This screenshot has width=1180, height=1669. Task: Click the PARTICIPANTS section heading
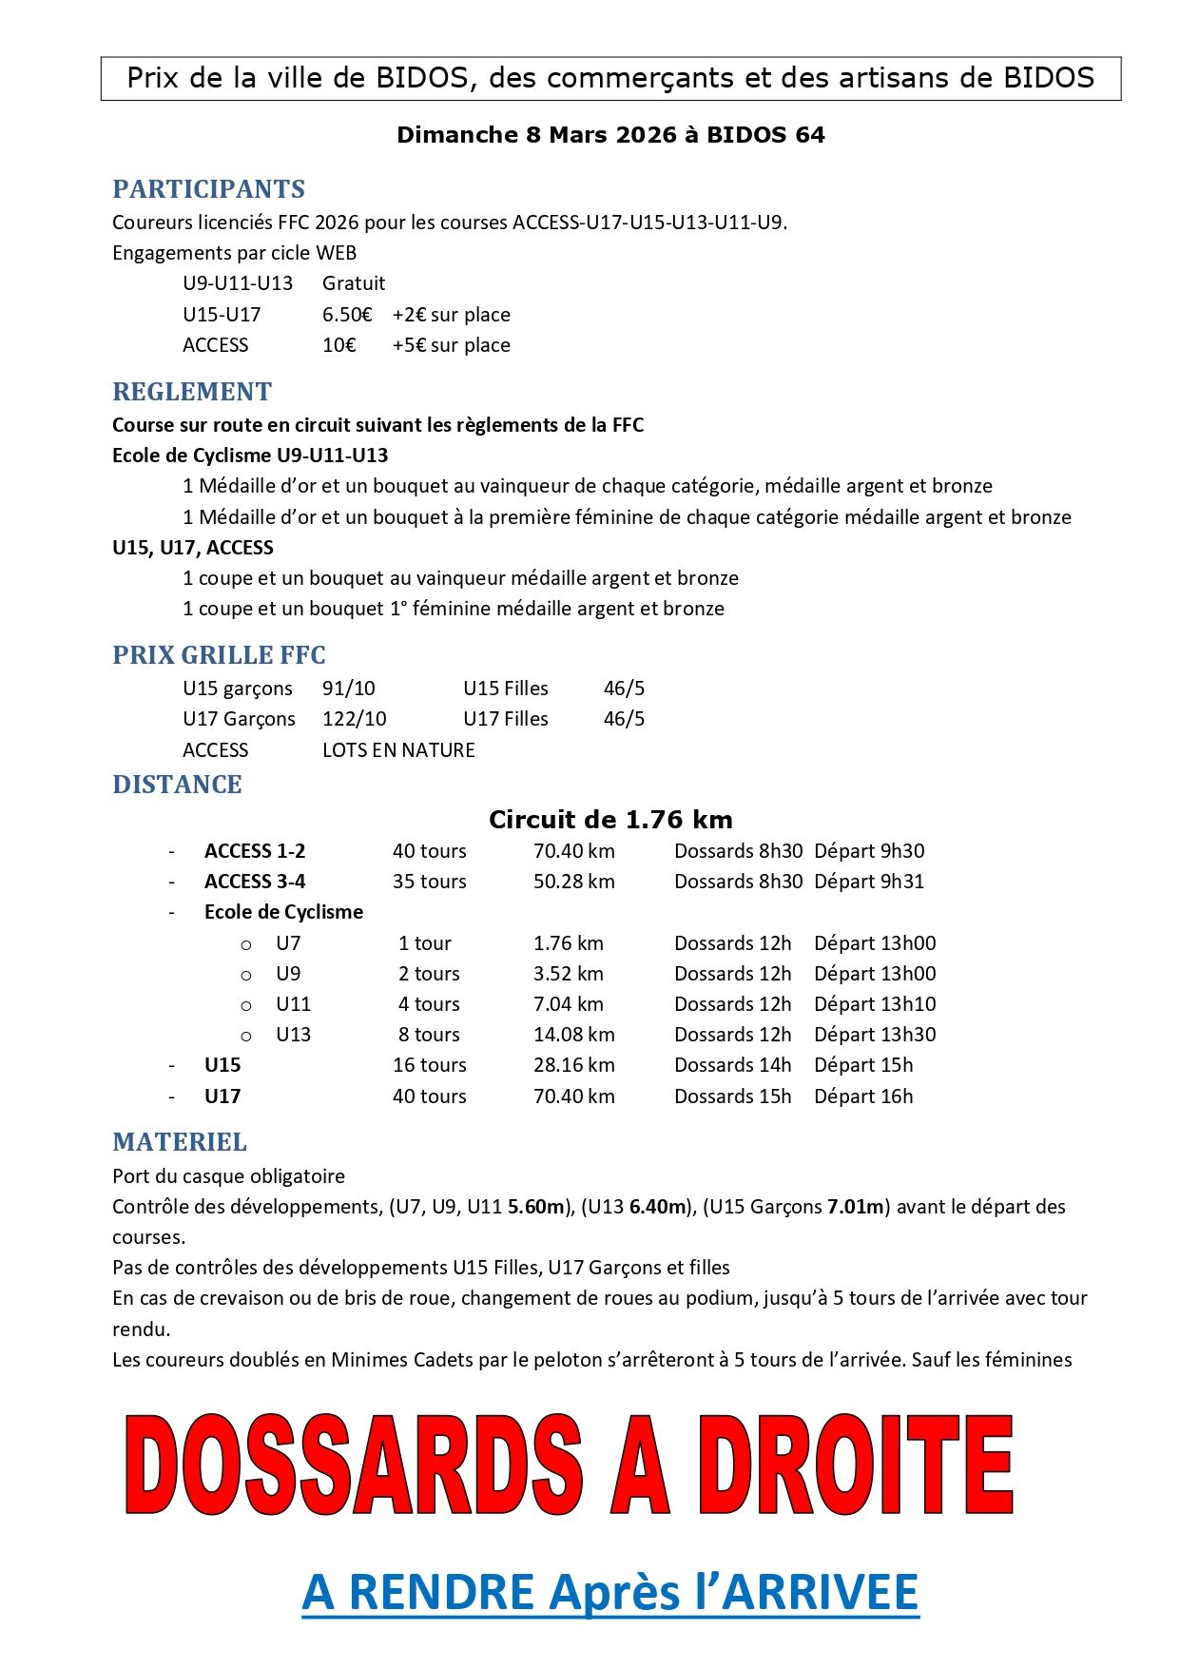pyautogui.click(x=208, y=189)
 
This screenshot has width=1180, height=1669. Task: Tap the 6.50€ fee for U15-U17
pyautogui.click(x=347, y=315)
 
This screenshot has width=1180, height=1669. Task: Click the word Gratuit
pyautogui.click(x=354, y=283)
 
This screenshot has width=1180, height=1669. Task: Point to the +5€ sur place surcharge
pyautogui.click(x=451, y=345)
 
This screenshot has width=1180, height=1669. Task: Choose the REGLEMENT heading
pyautogui.click(x=192, y=392)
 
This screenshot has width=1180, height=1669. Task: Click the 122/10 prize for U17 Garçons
pyautogui.click(x=354, y=719)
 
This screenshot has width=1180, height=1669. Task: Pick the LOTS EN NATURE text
pyautogui.click(x=398, y=750)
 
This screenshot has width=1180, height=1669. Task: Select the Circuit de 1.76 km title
pyautogui.click(x=610, y=820)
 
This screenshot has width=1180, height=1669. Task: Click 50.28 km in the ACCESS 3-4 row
pyautogui.click(x=573, y=882)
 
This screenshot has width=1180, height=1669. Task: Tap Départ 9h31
pyautogui.click(x=869, y=882)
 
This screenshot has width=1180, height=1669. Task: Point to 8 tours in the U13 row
pyautogui.click(x=429, y=1035)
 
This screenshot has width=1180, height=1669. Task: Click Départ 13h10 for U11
pyautogui.click(x=875, y=1004)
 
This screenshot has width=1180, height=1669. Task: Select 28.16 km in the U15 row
pyautogui.click(x=573, y=1065)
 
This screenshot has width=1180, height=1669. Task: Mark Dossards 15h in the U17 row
pyautogui.click(x=732, y=1096)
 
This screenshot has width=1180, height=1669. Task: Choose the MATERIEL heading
pyautogui.click(x=180, y=1142)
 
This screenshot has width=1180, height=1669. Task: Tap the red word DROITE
pyautogui.click(x=856, y=1465)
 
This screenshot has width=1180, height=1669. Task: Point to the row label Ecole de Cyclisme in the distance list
pyautogui.click(x=283, y=912)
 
